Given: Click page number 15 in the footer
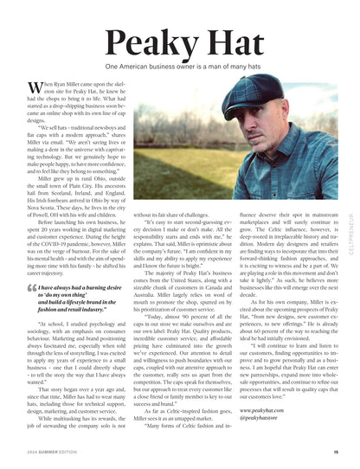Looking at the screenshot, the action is pos(334,451).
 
